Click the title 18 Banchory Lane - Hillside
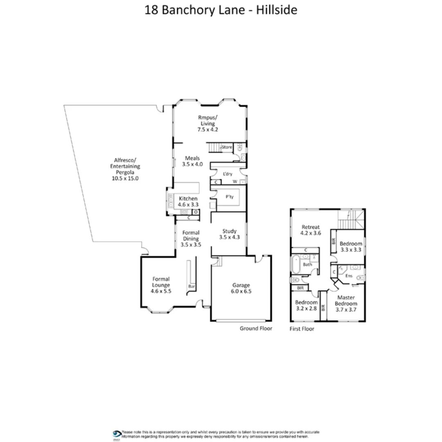221,10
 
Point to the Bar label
191,287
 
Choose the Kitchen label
188,198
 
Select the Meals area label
192,158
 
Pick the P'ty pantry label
230,197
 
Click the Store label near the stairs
227,147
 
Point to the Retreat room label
310,227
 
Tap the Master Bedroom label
346,301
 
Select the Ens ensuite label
349,276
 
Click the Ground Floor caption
256,328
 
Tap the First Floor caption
302,329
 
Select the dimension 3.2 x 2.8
306,309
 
